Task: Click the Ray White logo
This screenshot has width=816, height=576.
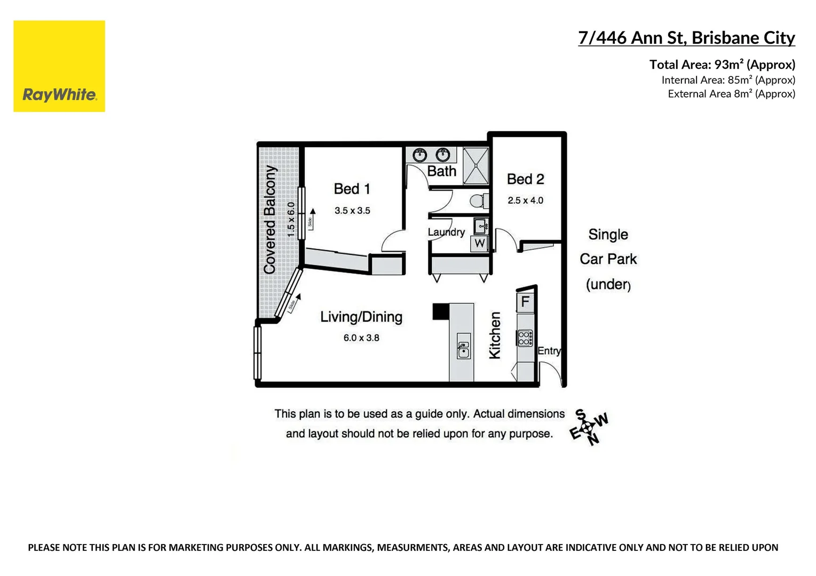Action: point(59,67)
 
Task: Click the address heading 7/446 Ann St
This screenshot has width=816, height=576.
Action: point(686,38)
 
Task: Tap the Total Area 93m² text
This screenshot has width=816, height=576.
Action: point(722,65)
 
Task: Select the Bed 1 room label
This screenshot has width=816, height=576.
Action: point(352,189)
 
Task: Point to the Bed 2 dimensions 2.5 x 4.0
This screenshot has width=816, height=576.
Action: point(525,201)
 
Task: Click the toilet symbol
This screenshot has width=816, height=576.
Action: point(478,201)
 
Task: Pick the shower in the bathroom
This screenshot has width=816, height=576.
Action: point(476,165)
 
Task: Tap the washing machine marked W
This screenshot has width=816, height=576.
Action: point(480,243)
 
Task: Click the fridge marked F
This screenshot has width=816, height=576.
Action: point(525,302)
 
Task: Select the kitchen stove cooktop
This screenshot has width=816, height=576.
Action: point(525,338)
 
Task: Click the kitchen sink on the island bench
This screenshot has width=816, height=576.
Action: point(463,350)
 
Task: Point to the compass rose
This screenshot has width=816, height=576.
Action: point(588,427)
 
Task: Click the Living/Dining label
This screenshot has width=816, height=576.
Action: point(361,317)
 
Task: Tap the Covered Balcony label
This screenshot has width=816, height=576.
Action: point(270,219)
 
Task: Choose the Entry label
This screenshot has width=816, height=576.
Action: point(549,350)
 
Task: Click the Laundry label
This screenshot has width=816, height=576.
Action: point(446,232)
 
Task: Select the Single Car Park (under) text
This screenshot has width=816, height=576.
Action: point(608,259)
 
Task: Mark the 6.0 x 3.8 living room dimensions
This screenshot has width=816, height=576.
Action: point(361,338)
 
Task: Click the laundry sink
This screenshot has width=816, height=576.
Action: point(481,226)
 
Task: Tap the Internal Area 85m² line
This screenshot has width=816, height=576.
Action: point(728,80)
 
